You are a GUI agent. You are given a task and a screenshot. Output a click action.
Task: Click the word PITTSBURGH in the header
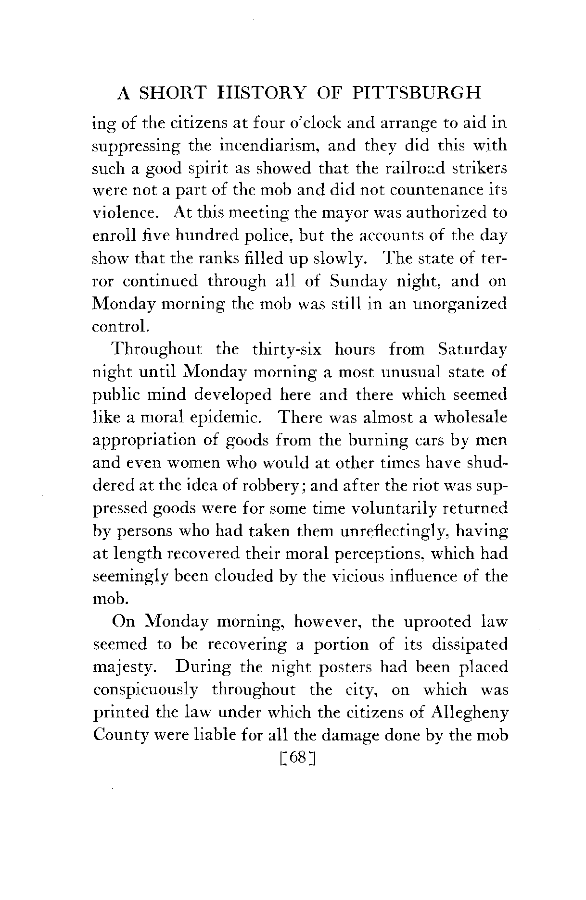point(417,92)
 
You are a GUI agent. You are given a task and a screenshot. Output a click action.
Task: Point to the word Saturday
point(471,350)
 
